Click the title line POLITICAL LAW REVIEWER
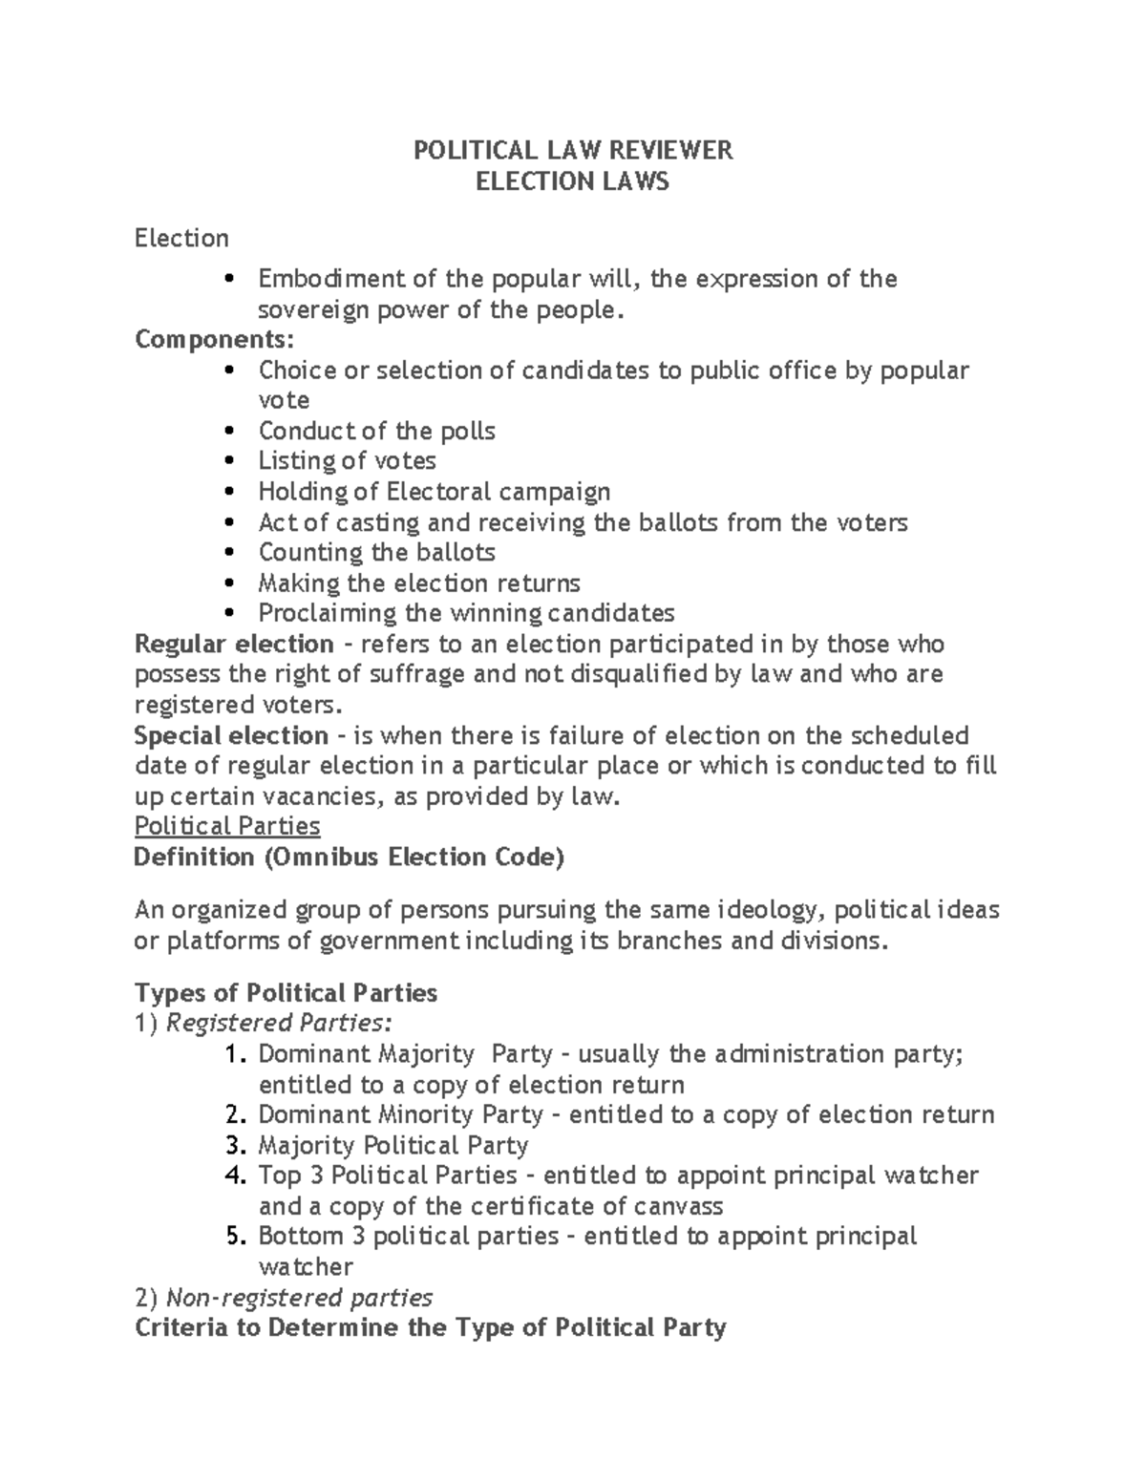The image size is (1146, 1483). (x=572, y=150)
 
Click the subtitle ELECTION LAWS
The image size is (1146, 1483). (x=572, y=180)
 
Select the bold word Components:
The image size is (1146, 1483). (x=215, y=340)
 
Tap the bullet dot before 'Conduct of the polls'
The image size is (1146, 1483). (x=226, y=432)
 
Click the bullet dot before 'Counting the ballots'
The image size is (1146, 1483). (x=226, y=553)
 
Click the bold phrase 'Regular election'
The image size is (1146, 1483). (x=234, y=644)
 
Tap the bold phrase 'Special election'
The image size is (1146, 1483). (x=231, y=735)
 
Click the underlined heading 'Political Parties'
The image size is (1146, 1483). (x=227, y=826)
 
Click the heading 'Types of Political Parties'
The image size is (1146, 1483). (x=286, y=993)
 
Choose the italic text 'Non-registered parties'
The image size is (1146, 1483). (x=299, y=1298)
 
